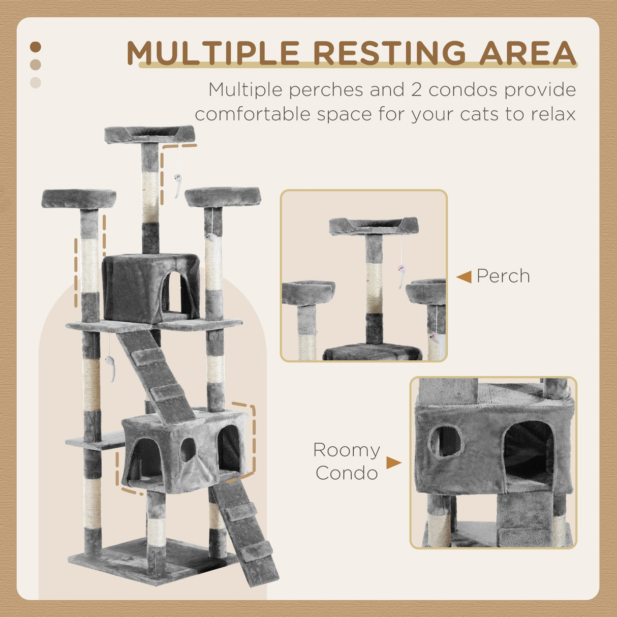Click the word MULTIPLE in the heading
[213, 52]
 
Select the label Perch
[503, 276]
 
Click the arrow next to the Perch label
[464, 277]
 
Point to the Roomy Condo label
[347, 461]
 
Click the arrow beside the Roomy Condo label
[393, 462]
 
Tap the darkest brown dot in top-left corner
[36, 47]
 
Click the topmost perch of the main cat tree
[150, 135]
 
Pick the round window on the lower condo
[188, 449]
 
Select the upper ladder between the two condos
[155, 376]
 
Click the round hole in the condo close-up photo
[446, 441]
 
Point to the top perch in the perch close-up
[374, 226]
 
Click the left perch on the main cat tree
[79, 198]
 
